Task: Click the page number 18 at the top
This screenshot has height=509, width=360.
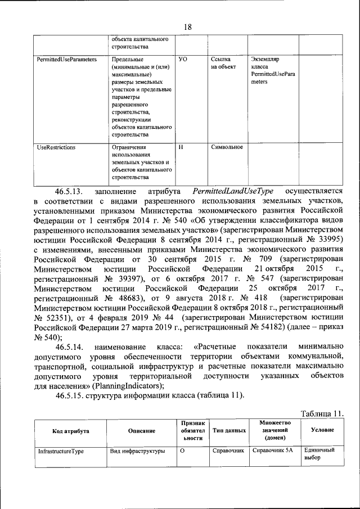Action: (188, 28)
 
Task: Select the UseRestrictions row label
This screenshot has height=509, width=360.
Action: (56, 147)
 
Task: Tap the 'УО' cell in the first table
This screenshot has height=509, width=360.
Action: (182, 58)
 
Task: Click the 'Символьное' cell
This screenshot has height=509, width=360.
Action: (227, 147)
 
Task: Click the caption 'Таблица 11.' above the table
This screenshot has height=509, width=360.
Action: (322, 414)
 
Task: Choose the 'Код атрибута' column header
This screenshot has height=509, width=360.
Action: (70, 430)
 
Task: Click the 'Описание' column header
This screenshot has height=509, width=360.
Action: (141, 430)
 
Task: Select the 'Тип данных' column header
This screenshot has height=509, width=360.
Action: (229, 430)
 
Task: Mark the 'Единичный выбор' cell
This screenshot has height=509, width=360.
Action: (319, 454)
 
